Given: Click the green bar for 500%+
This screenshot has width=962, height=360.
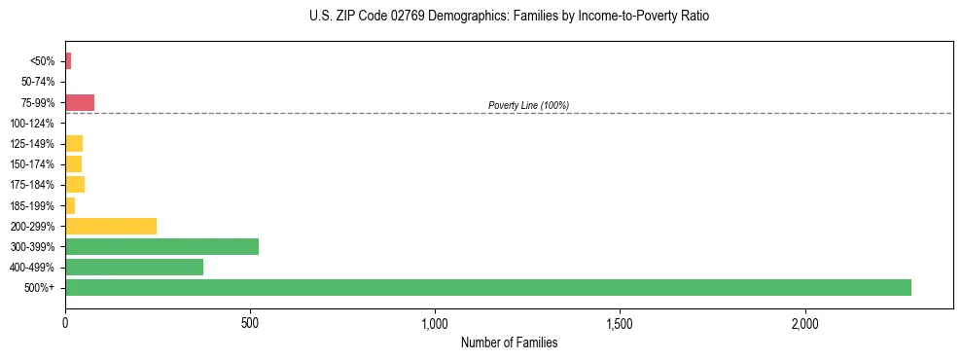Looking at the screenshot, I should pos(487,287).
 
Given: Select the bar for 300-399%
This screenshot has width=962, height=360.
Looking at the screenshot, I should pos(161,246).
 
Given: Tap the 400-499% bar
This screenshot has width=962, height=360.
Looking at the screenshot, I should pos(134,267).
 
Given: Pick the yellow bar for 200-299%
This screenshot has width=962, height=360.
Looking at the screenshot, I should pos(111,226).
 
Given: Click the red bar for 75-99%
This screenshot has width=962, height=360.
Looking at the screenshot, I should pos(80,102).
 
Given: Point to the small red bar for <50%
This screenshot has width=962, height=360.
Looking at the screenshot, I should pos(68,61).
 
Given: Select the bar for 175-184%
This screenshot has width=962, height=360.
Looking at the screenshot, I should pos(75,184).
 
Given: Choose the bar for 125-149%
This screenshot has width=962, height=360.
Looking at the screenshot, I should pos(74,143).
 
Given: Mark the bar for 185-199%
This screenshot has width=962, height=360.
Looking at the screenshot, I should pos(70,205).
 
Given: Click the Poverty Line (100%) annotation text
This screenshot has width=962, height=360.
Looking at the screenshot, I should pos(528,105).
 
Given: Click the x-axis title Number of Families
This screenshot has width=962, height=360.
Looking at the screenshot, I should pos(509,342).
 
